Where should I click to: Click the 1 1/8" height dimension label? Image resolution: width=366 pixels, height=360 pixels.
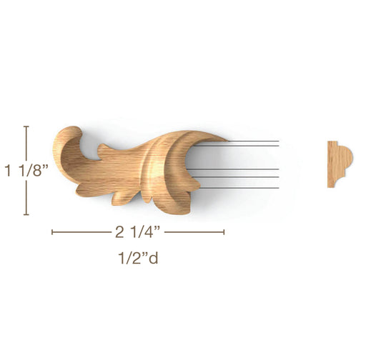pyautogui.click(x=26, y=170)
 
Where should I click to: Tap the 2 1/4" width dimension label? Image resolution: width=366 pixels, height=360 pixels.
pyautogui.click(x=137, y=232)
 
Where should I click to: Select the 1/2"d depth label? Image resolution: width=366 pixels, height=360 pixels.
pyautogui.click(x=138, y=258)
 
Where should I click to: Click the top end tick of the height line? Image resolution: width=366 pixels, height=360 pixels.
pyautogui.click(x=26, y=126)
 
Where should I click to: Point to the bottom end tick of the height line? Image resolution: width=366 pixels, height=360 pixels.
pyautogui.click(x=26, y=214)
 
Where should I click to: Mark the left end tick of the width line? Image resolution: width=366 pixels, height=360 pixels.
pyautogui.click(x=52, y=232)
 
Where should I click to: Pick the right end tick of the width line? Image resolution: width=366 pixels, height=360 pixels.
pyautogui.click(x=224, y=232)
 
